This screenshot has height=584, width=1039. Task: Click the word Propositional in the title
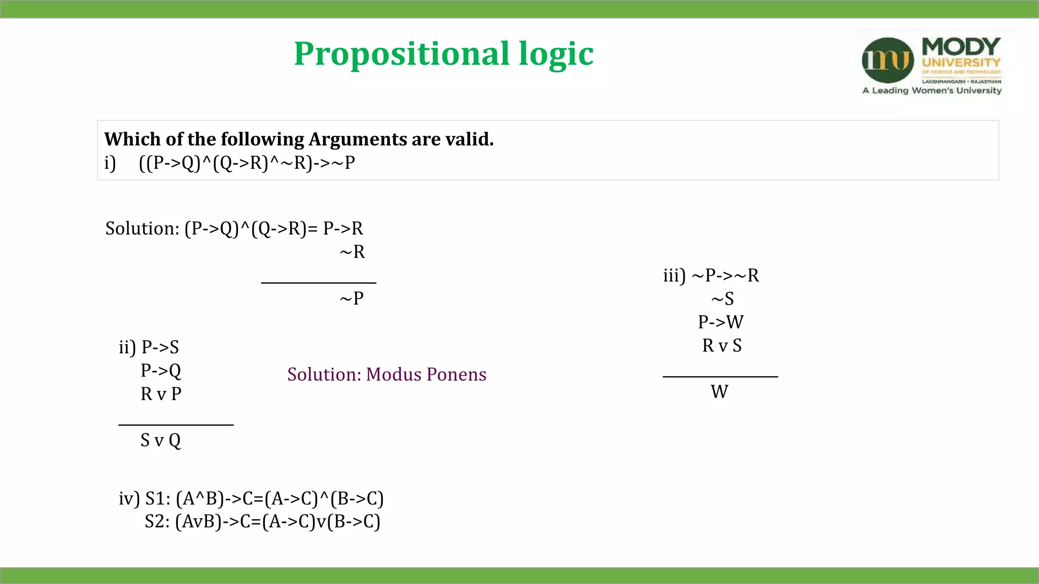(401, 54)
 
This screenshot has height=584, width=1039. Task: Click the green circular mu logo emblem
(888, 60)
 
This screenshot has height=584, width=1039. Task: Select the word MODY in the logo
(961, 47)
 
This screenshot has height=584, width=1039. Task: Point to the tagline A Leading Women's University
(932, 91)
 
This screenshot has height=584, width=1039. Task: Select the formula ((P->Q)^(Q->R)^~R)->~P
(247, 163)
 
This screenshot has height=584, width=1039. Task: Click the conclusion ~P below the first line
(352, 298)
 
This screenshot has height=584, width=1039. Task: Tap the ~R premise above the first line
(352, 251)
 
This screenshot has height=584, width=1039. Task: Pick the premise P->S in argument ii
(160, 347)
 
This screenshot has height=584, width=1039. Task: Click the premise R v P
(161, 394)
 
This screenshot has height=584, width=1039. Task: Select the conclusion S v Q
(160, 440)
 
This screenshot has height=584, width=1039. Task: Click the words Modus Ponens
(426, 374)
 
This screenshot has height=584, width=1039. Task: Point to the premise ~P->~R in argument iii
(725, 275)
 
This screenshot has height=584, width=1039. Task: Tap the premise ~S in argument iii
(722, 299)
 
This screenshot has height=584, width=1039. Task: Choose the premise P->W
(721, 322)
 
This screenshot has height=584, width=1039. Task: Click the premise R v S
(722, 345)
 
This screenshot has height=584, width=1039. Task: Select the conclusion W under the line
(719, 391)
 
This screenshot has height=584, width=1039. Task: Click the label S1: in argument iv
(157, 498)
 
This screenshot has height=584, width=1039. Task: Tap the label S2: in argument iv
(157, 521)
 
